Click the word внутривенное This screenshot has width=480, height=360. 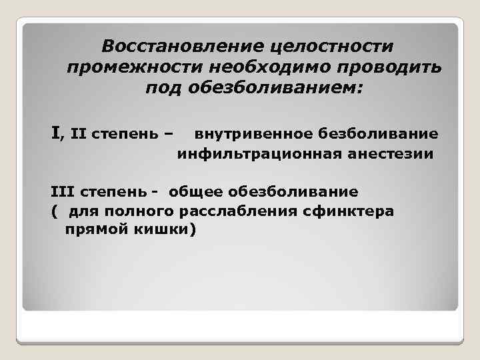coord(256,135)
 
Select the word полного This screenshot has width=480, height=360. coord(143,211)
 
